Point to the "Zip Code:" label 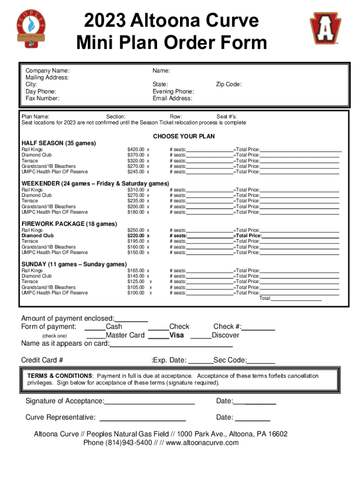(x=229, y=84)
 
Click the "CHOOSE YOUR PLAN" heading (x=184, y=136)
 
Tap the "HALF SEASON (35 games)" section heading (x=59, y=143)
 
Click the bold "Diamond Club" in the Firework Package (x=38, y=236)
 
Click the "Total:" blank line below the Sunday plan (x=296, y=298)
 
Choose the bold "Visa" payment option (x=176, y=335)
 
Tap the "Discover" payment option (x=225, y=335)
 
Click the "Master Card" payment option (x=125, y=335)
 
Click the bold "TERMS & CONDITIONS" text (x=59, y=376)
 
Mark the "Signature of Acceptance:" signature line (x=149, y=402)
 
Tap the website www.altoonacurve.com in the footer (x=202, y=443)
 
